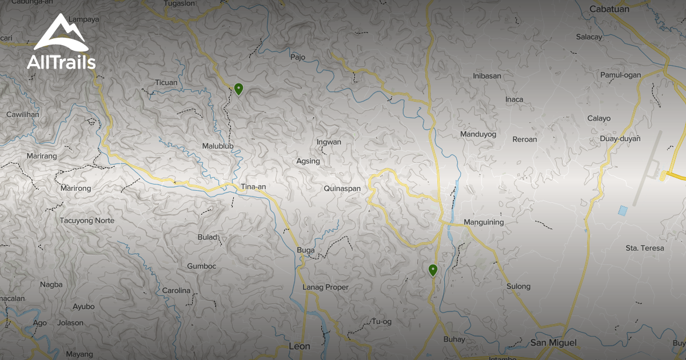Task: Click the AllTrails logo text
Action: pyautogui.click(x=61, y=62)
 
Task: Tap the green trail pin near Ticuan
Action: pyautogui.click(x=239, y=89)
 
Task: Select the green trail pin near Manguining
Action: pyautogui.click(x=433, y=270)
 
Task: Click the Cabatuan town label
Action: pyautogui.click(x=609, y=9)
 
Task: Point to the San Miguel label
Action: pyautogui.click(x=554, y=343)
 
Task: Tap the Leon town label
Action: pyautogui.click(x=300, y=346)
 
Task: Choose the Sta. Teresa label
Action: pyautogui.click(x=645, y=248)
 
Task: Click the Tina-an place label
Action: pyautogui.click(x=253, y=187)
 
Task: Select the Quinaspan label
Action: pyautogui.click(x=342, y=188)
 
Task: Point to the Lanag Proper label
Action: pyautogui.click(x=325, y=287)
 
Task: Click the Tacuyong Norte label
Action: pyautogui.click(x=87, y=221)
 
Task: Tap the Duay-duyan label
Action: pyautogui.click(x=620, y=139)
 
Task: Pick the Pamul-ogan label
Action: pyautogui.click(x=620, y=75)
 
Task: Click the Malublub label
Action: pyautogui.click(x=218, y=146)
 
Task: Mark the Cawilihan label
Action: pyautogui.click(x=23, y=114)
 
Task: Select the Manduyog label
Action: pyautogui.click(x=478, y=134)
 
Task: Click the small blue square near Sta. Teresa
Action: pyautogui.click(x=622, y=210)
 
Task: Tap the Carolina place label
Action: pyautogui.click(x=176, y=291)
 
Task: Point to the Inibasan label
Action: pyautogui.click(x=487, y=75)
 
